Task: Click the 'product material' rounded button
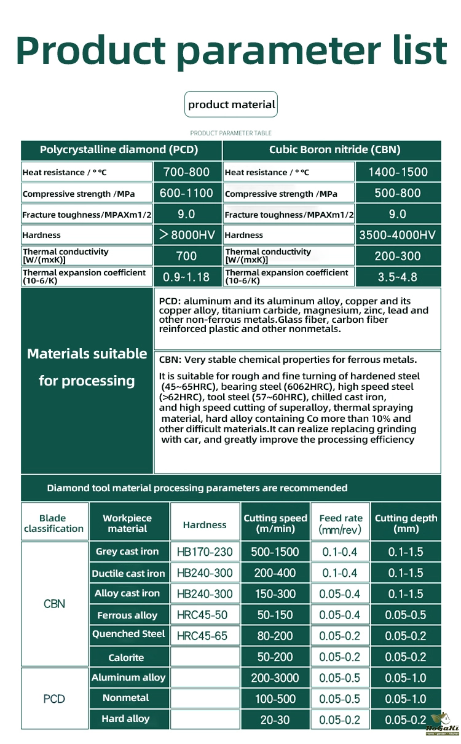click(231, 105)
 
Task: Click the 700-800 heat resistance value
click(186, 172)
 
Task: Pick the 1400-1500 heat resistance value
click(398, 172)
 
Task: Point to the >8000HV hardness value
click(186, 235)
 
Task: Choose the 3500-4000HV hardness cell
click(398, 235)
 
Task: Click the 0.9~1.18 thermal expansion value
click(186, 277)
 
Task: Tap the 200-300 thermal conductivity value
click(398, 256)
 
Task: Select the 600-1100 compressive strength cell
click(186, 193)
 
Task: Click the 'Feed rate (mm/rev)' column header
click(341, 523)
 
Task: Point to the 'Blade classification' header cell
click(54, 523)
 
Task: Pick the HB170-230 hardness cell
click(205, 552)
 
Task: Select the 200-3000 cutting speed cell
click(275, 678)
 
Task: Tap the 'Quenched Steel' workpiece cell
click(128, 634)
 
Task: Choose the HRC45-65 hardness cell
click(205, 636)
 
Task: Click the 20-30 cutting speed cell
click(275, 719)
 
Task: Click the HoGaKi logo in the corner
click(442, 725)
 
